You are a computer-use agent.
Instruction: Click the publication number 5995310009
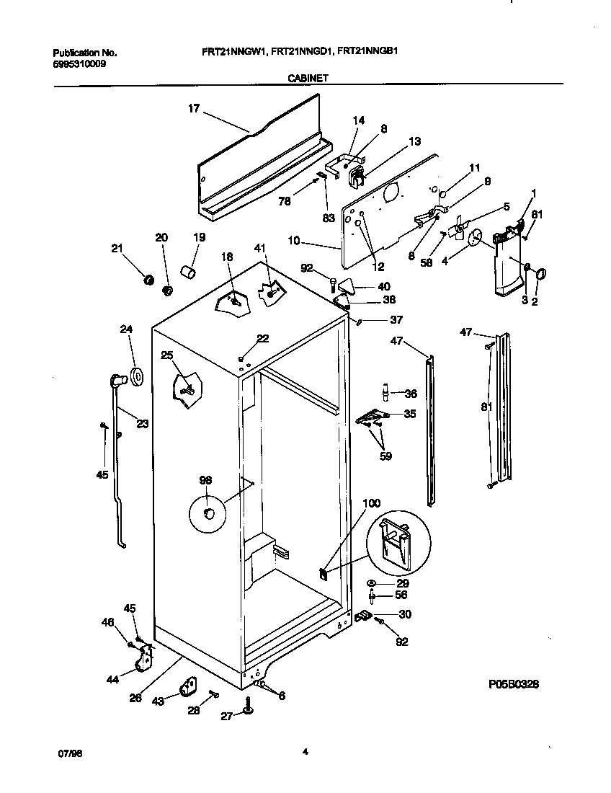[79, 63]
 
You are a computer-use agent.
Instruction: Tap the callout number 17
[193, 110]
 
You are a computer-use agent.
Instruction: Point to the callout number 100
[371, 503]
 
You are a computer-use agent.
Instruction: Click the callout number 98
[206, 480]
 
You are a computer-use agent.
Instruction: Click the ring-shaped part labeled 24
[135, 376]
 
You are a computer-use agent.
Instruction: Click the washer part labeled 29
[370, 582]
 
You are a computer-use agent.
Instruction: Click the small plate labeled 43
[190, 686]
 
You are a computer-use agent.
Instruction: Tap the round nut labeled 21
[149, 279]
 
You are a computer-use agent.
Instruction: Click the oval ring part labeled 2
[541, 273]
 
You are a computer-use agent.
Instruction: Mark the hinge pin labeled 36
[386, 391]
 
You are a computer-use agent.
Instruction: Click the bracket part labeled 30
[362, 616]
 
